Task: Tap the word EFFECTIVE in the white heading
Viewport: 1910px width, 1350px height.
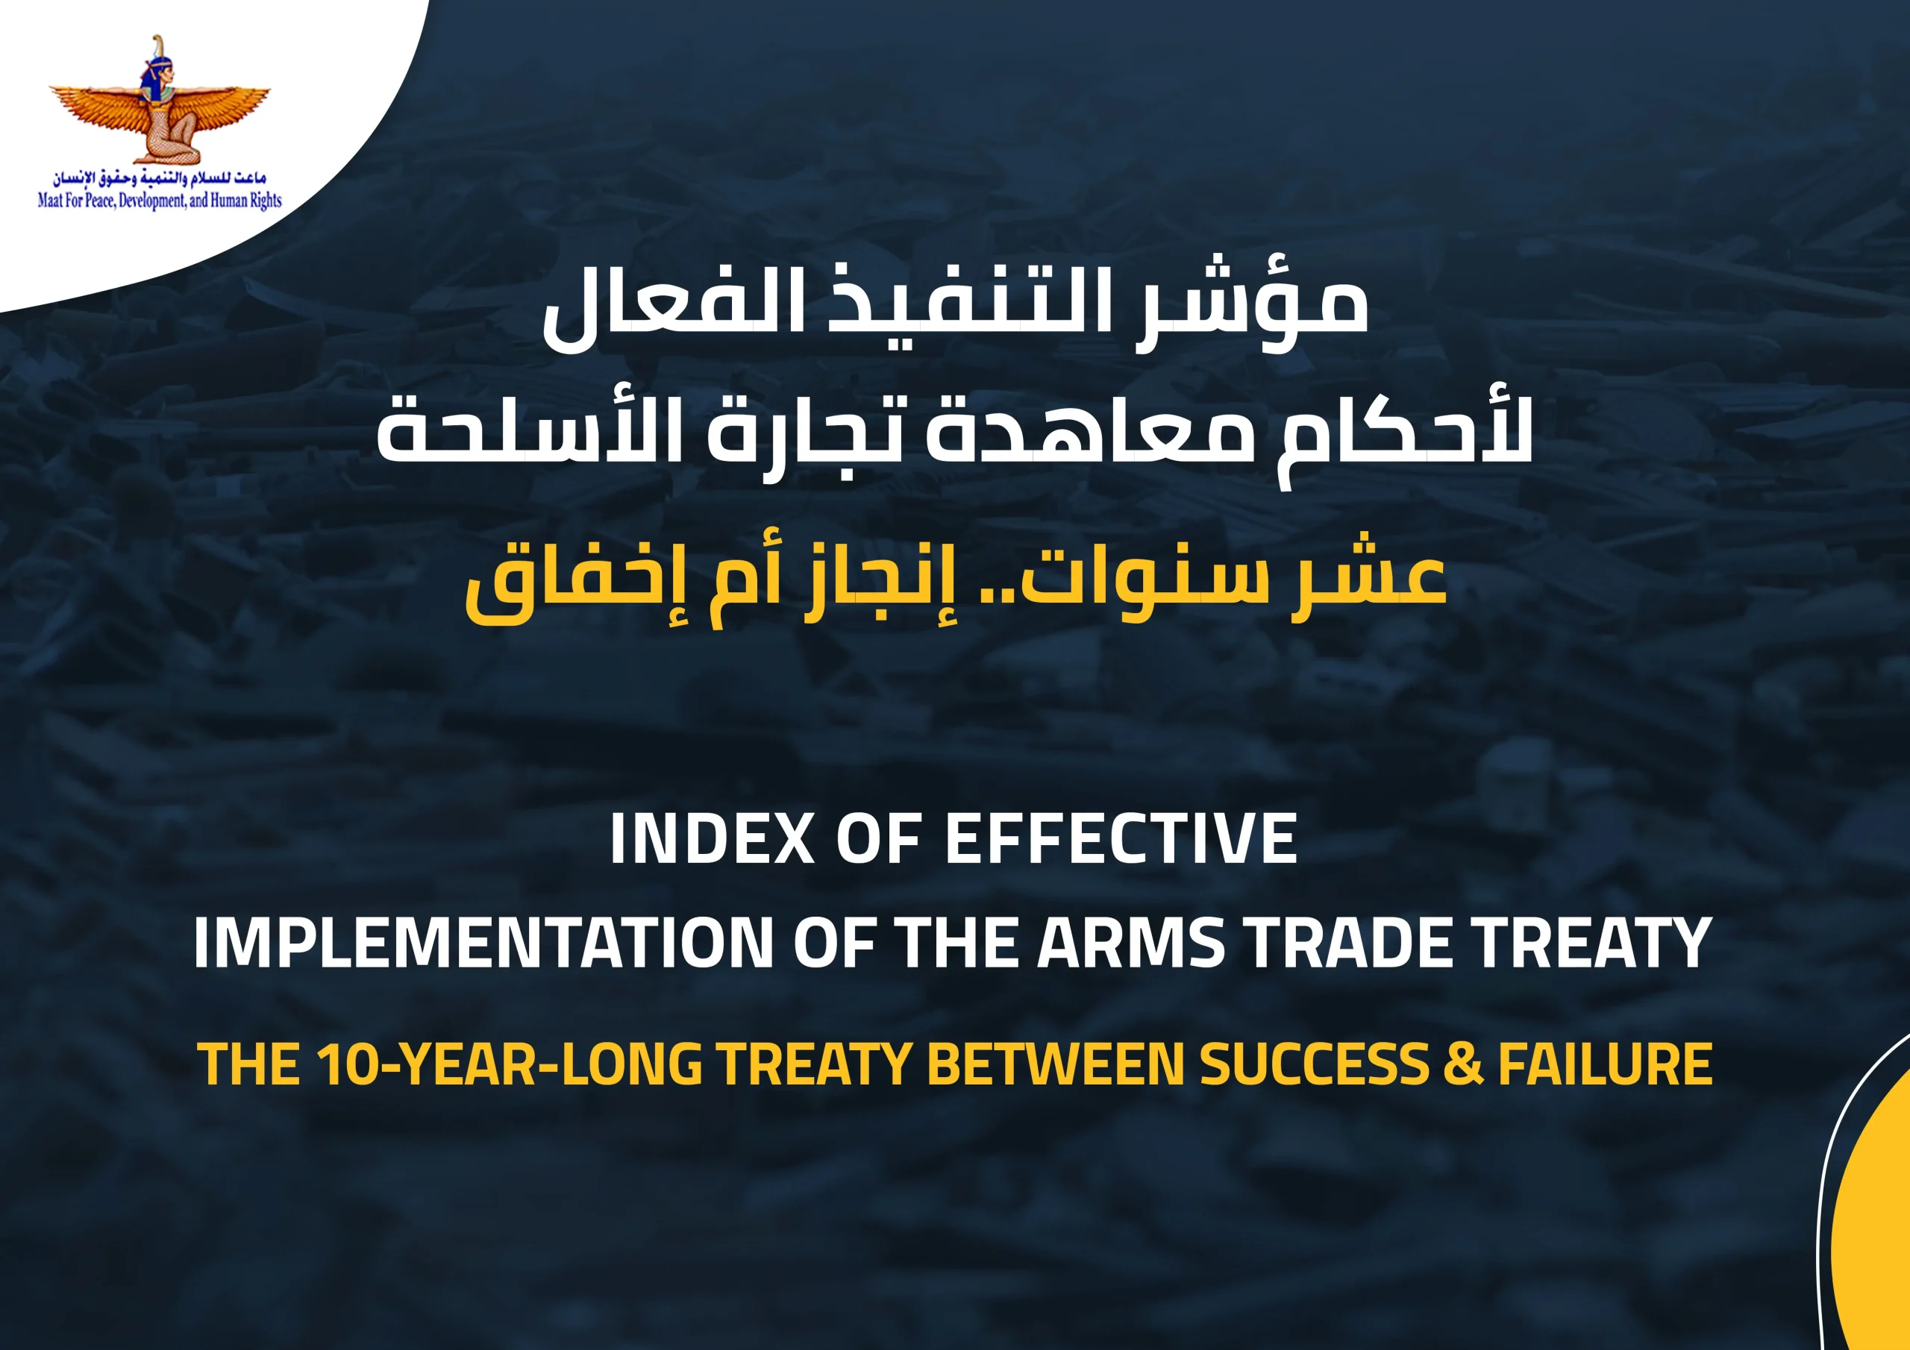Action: pyautogui.click(x=1121, y=838)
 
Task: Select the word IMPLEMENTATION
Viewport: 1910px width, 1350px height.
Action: pyautogui.click(x=483, y=943)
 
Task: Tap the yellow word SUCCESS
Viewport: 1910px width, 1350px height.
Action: pyautogui.click(x=1314, y=1064)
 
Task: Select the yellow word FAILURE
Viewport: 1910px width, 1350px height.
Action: pyautogui.click(x=1606, y=1064)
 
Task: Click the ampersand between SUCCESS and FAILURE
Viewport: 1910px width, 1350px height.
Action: pyautogui.click(x=1463, y=1064)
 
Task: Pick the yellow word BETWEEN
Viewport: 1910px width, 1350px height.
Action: pyautogui.click(x=1055, y=1064)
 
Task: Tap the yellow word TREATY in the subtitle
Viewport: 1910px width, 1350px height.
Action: pyautogui.click(x=815, y=1064)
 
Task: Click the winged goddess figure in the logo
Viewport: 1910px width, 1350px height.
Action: pyautogui.click(x=160, y=100)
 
